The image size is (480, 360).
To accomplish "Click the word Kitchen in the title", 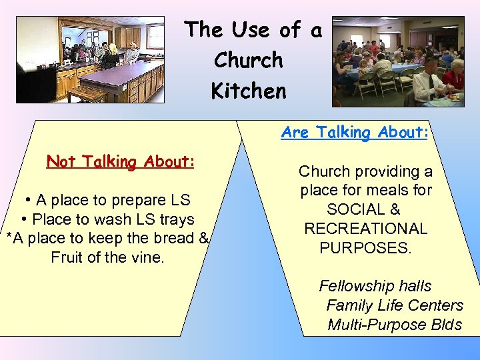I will [249, 90].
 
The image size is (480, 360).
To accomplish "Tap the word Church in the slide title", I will [248, 60].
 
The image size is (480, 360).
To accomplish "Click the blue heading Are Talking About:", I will [353, 133].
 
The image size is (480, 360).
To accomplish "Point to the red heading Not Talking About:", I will [121, 162].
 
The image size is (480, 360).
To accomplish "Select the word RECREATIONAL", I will [365, 229].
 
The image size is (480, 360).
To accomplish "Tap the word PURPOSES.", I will [365, 248].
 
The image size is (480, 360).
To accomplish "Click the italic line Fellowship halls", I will [375, 287].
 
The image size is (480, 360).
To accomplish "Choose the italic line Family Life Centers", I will [395, 306].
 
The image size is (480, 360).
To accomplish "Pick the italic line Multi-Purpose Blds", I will [395, 325].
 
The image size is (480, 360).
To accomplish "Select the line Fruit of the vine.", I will [107, 257].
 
